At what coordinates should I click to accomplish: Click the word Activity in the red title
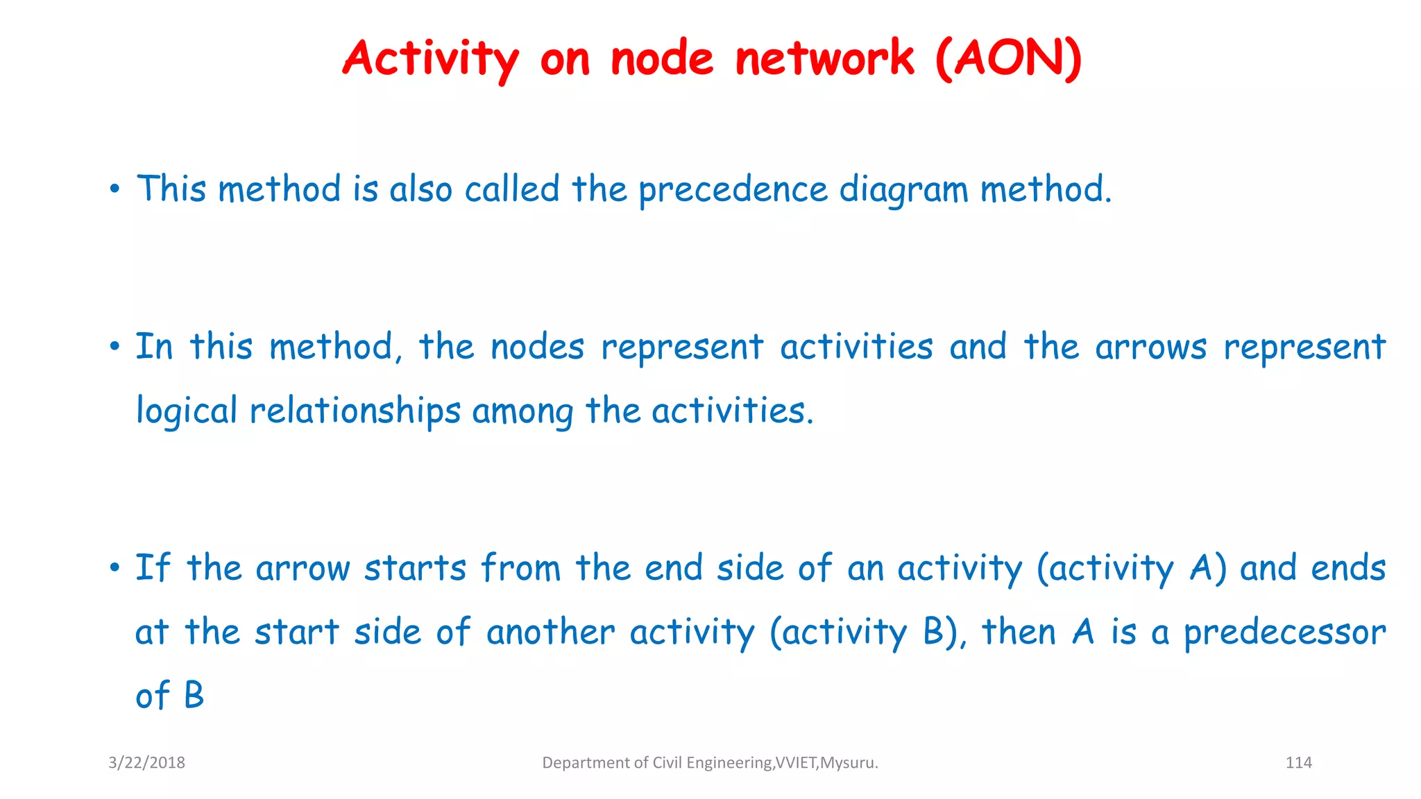click(x=430, y=58)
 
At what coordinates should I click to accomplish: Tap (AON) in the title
click(x=1008, y=58)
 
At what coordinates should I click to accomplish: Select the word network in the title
click(x=824, y=58)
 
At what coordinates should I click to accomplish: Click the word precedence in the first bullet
click(x=733, y=190)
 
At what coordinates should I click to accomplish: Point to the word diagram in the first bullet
click(x=903, y=190)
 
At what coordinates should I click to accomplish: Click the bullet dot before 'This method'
click(x=115, y=189)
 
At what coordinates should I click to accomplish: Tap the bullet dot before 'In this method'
click(x=115, y=347)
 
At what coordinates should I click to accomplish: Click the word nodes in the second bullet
click(x=537, y=347)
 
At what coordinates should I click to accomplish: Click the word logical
click(x=186, y=411)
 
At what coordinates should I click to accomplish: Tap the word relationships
click(x=355, y=411)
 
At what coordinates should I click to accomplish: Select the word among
click(x=522, y=411)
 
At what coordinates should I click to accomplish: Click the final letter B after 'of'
click(x=194, y=696)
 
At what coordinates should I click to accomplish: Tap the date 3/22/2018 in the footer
click(x=146, y=763)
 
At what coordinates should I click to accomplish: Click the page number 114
click(x=1298, y=763)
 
